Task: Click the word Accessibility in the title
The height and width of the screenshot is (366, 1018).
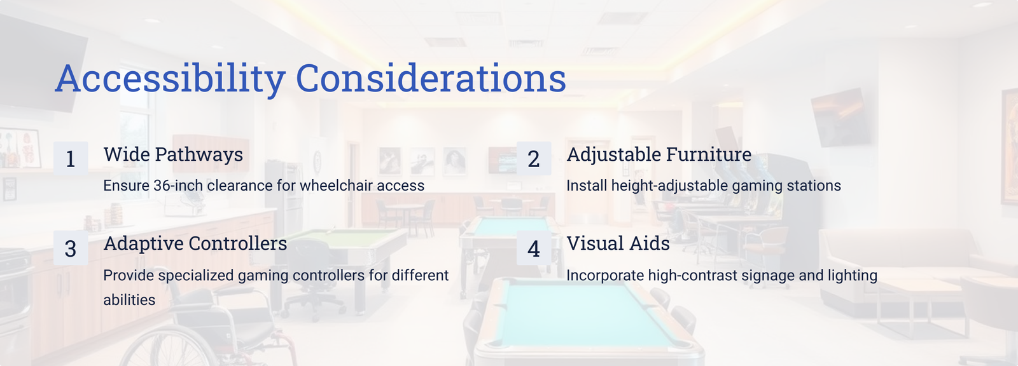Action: coord(170,79)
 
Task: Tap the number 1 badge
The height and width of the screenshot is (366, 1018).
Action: coord(71,158)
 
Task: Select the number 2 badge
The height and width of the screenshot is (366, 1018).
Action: coord(534,158)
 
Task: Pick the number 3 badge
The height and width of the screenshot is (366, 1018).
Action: coord(71,248)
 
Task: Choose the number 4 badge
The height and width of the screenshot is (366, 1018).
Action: coord(534,248)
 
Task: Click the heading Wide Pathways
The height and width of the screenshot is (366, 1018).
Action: coord(173,155)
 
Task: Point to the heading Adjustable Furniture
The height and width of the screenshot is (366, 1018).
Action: coord(659,155)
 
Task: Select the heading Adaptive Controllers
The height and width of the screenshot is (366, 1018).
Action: coord(195,244)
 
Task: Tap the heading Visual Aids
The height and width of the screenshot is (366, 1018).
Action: coord(618,244)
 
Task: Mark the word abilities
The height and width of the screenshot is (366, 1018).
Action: coord(129,300)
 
